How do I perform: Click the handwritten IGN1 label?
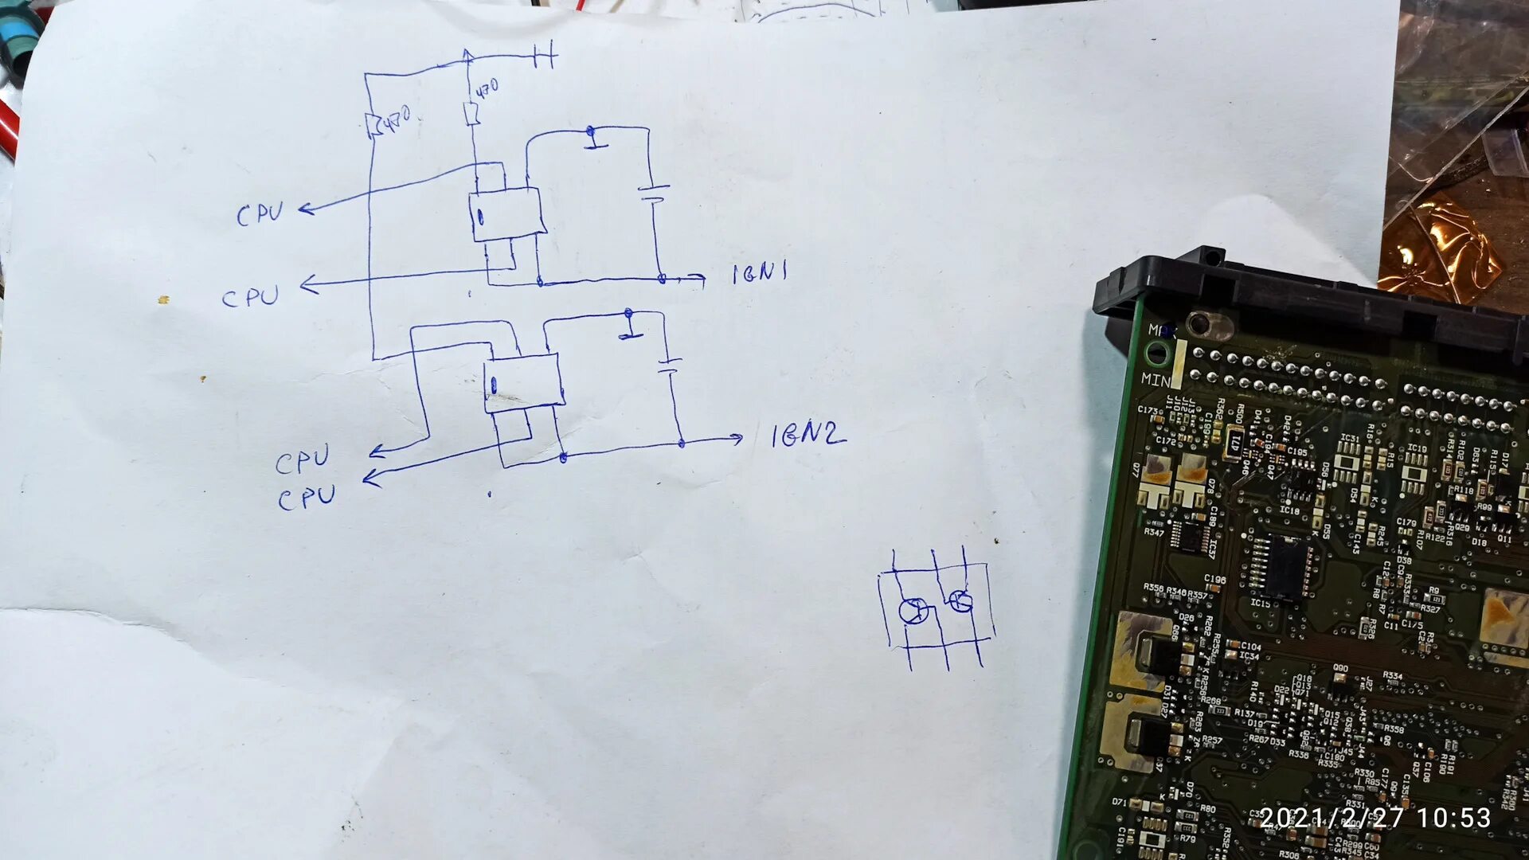(x=760, y=273)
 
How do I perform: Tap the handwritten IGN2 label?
(x=807, y=435)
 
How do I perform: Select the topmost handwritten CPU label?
(x=260, y=213)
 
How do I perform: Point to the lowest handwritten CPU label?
(x=307, y=498)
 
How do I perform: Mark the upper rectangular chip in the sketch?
(x=506, y=213)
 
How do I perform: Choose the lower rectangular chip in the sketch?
(x=523, y=382)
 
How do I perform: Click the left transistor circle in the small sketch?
(x=913, y=612)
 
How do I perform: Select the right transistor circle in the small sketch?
(x=960, y=601)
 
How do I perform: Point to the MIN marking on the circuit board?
(x=1156, y=380)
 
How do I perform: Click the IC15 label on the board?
(x=1260, y=604)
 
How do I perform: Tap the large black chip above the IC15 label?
(x=1282, y=566)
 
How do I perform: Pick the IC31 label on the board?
(x=1349, y=438)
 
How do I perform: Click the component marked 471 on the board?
(x=1235, y=443)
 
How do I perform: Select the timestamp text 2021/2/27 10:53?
(x=1375, y=818)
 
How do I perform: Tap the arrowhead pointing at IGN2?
(x=737, y=437)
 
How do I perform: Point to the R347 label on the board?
(x=1154, y=532)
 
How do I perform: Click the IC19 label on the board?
(x=1416, y=448)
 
